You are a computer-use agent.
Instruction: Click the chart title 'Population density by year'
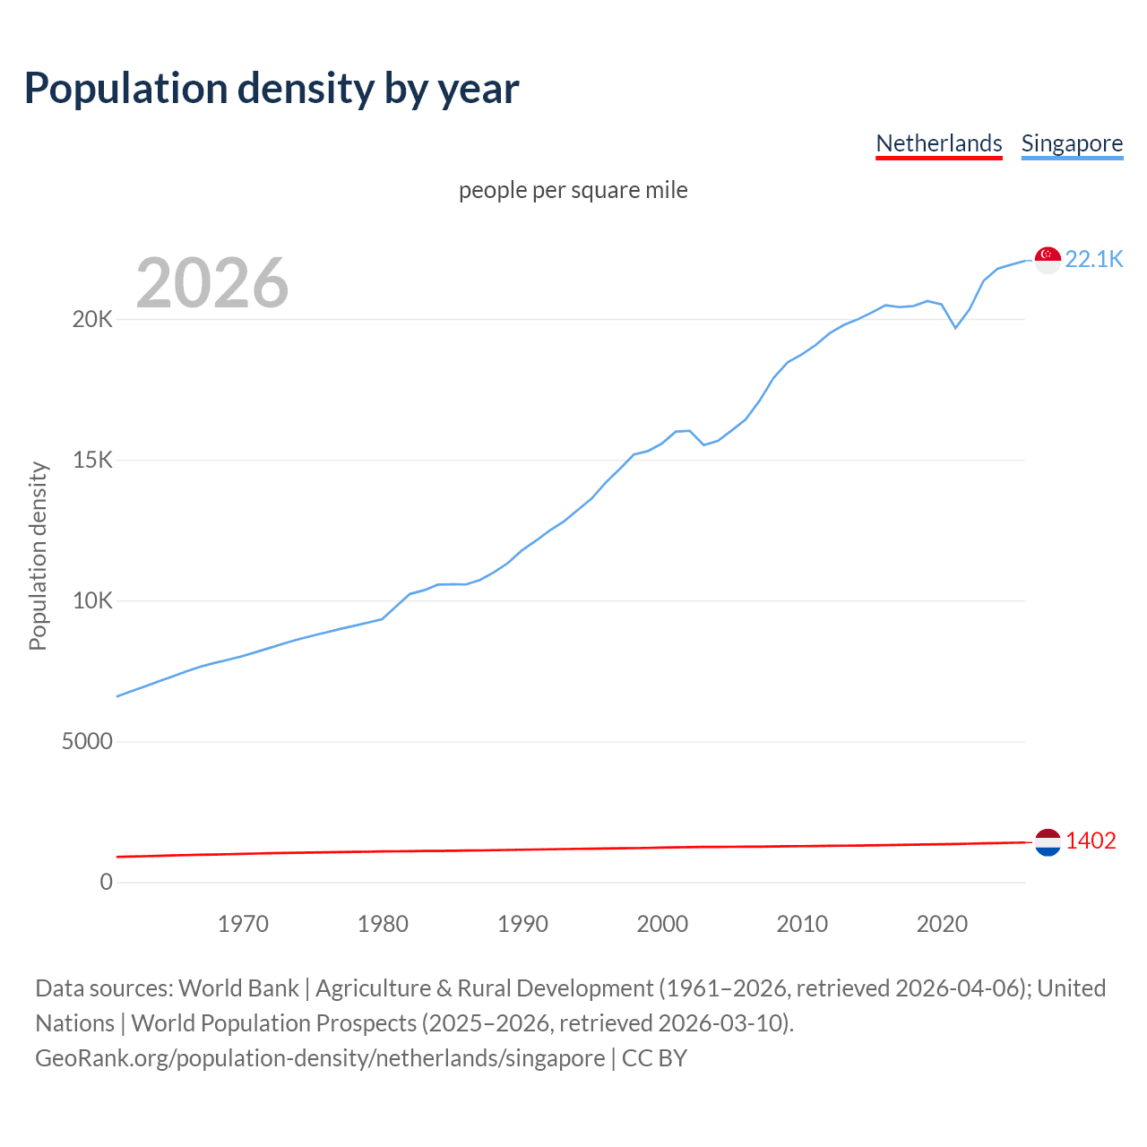(x=272, y=89)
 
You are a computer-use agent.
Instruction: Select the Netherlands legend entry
(x=938, y=143)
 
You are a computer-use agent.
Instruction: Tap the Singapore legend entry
(x=1072, y=143)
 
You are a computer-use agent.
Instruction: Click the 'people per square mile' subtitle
(x=573, y=191)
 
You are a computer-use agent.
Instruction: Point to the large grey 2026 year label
(x=212, y=283)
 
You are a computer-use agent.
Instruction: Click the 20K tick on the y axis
(x=92, y=320)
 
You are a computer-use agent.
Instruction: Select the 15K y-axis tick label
(x=92, y=461)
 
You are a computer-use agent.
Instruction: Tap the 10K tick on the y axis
(x=92, y=601)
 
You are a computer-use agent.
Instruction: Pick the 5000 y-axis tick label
(x=87, y=742)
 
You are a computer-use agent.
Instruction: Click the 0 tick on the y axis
(x=107, y=883)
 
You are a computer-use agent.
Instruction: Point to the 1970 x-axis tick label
(x=243, y=924)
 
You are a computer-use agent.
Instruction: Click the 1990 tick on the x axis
(x=522, y=924)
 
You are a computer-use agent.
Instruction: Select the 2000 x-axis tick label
(x=662, y=924)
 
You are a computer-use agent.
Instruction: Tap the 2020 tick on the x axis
(x=942, y=924)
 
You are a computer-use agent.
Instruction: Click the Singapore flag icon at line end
(x=1048, y=260)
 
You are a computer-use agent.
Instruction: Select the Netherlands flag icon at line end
(x=1048, y=842)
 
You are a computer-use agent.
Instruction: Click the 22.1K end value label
(x=1094, y=260)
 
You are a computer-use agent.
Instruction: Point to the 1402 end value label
(x=1091, y=841)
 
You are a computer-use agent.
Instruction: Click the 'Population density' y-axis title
(x=38, y=556)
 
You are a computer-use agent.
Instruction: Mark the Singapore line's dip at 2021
(x=955, y=328)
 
